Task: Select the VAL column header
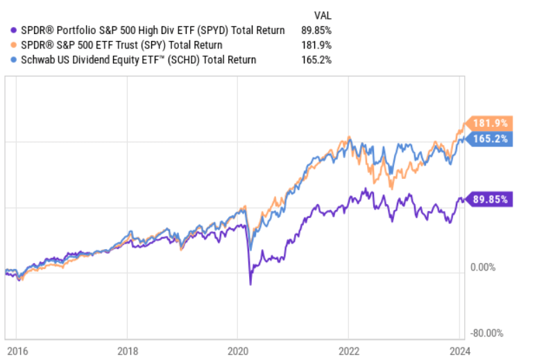[323, 15]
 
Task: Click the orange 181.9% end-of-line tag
[491, 123]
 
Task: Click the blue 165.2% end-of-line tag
[491, 139]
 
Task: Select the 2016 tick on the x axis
[17, 350]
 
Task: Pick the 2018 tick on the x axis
[127, 350]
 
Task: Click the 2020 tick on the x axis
[237, 350]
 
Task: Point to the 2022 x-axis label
[348, 350]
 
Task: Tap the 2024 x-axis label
[458, 350]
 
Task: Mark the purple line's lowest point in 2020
[250, 284]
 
